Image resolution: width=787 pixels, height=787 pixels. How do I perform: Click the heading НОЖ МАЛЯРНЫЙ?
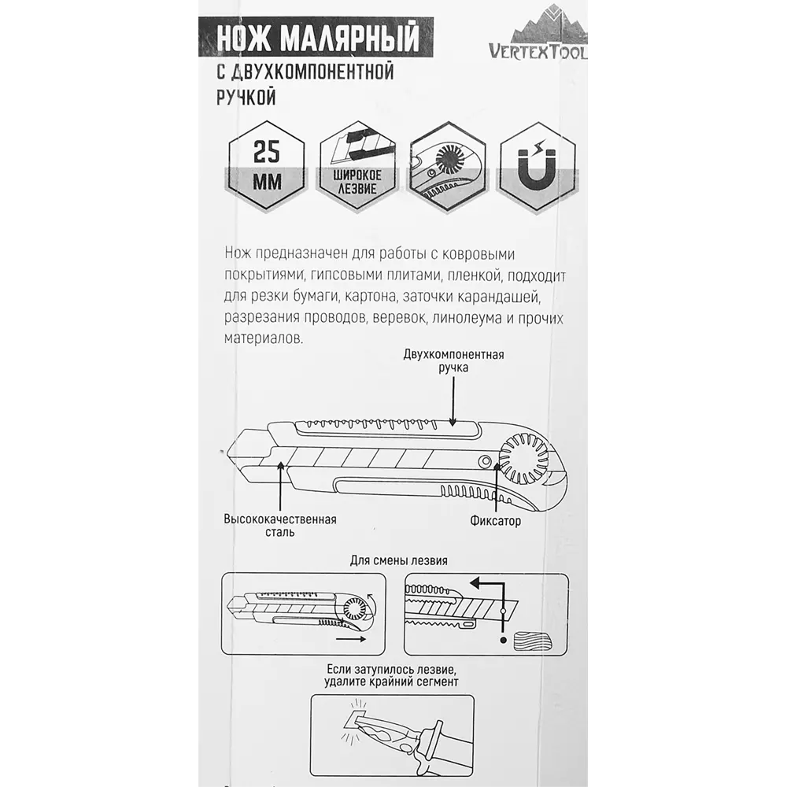point(318,38)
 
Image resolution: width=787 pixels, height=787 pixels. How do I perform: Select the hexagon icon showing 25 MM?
point(266,165)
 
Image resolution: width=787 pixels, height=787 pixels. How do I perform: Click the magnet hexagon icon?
point(538,165)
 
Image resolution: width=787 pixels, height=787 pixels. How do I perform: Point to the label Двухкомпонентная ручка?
point(453,360)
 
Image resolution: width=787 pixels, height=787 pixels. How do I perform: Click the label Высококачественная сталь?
point(280,526)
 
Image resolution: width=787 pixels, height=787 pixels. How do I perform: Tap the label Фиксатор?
point(495,521)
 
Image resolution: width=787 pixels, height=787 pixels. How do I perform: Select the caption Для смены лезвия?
point(398,560)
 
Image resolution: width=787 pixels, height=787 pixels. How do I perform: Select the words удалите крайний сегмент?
point(391,682)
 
